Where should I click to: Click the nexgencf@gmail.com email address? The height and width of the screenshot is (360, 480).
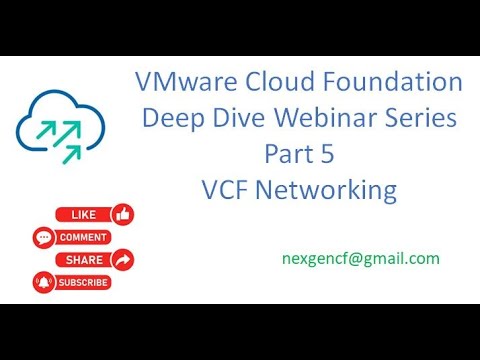tap(361, 258)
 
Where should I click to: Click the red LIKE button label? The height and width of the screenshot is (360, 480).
tap(84, 215)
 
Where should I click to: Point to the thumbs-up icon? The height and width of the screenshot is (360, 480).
tap(123, 214)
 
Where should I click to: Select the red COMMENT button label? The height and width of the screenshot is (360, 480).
tap(84, 238)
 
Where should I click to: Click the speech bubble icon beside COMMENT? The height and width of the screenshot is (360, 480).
tap(43, 238)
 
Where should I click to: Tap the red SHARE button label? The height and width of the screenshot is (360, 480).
tap(84, 260)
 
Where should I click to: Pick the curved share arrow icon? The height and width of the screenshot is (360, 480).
tap(123, 260)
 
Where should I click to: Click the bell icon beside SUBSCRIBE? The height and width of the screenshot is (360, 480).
tap(43, 282)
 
